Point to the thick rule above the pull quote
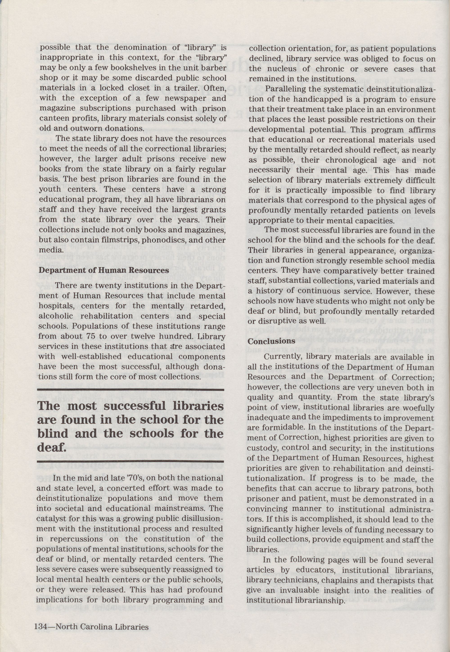tap(130, 390)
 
